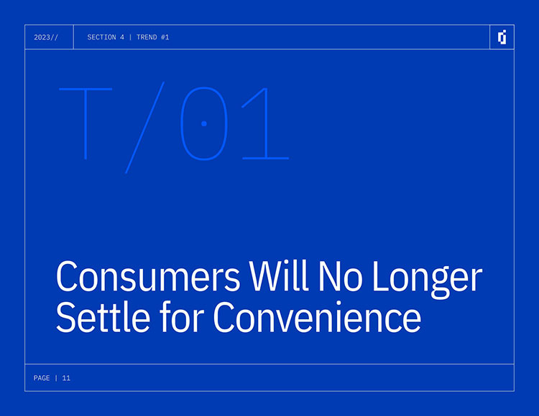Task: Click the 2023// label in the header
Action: pyautogui.click(x=46, y=37)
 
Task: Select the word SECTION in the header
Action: pyautogui.click(x=101, y=37)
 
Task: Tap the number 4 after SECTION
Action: pyautogui.click(x=122, y=37)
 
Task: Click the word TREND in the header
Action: pyautogui.click(x=147, y=37)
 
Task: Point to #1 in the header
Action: pyautogui.click(x=165, y=37)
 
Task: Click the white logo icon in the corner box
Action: pyautogui.click(x=502, y=37)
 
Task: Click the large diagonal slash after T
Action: pyautogui.click(x=144, y=128)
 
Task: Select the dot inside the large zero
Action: pyautogui.click(x=204, y=124)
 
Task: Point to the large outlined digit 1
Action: pyautogui.click(x=267, y=124)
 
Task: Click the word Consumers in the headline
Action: pyautogui.click(x=148, y=276)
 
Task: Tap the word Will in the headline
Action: pyautogui.click(x=279, y=275)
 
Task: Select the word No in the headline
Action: pyautogui.click(x=340, y=276)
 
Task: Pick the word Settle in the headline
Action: pyautogui.click(x=103, y=316)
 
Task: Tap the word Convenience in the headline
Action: pyautogui.click(x=317, y=317)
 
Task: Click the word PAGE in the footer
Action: pyautogui.click(x=42, y=378)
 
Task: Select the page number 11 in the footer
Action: pyautogui.click(x=66, y=378)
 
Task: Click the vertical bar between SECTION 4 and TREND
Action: pyautogui.click(x=130, y=37)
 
